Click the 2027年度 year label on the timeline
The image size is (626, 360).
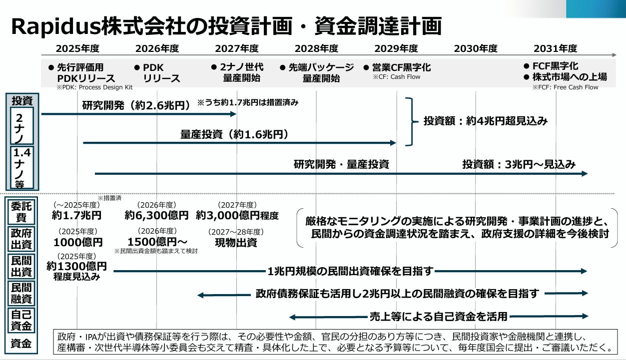pyautogui.click(x=237, y=48)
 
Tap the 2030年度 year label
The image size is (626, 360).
pyautogui.click(x=476, y=48)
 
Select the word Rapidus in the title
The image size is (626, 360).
pyautogui.click(x=55, y=26)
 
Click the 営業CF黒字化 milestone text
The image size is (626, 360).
pyautogui.click(x=401, y=67)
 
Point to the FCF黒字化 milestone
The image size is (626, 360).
pyautogui.click(x=555, y=66)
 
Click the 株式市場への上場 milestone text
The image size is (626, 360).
pyautogui.click(x=570, y=77)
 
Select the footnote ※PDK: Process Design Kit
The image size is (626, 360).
pyautogui.click(x=94, y=87)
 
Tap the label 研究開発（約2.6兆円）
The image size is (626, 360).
pyautogui.click(x=136, y=105)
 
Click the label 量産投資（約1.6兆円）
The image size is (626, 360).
pyautogui.click(x=234, y=134)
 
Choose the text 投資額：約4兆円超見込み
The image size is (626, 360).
pyautogui.click(x=486, y=121)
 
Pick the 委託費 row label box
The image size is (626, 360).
pyautogui.click(x=21, y=212)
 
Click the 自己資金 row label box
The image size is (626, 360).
pyautogui.click(x=21, y=321)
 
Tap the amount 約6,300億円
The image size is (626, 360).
pyautogui.click(x=156, y=215)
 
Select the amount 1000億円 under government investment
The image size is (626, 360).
pyautogui.click(x=78, y=242)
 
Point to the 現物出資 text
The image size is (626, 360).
pyautogui.click(x=236, y=243)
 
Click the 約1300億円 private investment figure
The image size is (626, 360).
pyautogui.click(x=76, y=266)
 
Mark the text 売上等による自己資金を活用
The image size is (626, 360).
pyautogui.click(x=439, y=317)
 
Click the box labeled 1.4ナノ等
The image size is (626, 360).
pyautogui.click(x=22, y=167)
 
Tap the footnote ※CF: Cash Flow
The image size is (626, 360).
pyautogui.click(x=397, y=77)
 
